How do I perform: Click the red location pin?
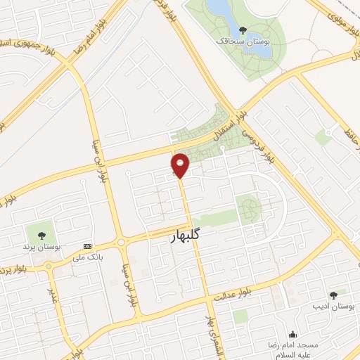click(x=181, y=165)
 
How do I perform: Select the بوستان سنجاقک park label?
click(x=243, y=41)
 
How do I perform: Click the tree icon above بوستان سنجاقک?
click(x=243, y=30)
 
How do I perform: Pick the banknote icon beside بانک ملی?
click(x=87, y=246)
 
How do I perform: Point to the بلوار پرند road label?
click(x=14, y=269)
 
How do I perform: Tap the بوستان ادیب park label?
click(x=333, y=307)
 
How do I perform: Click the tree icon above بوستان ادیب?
click(x=333, y=295)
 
